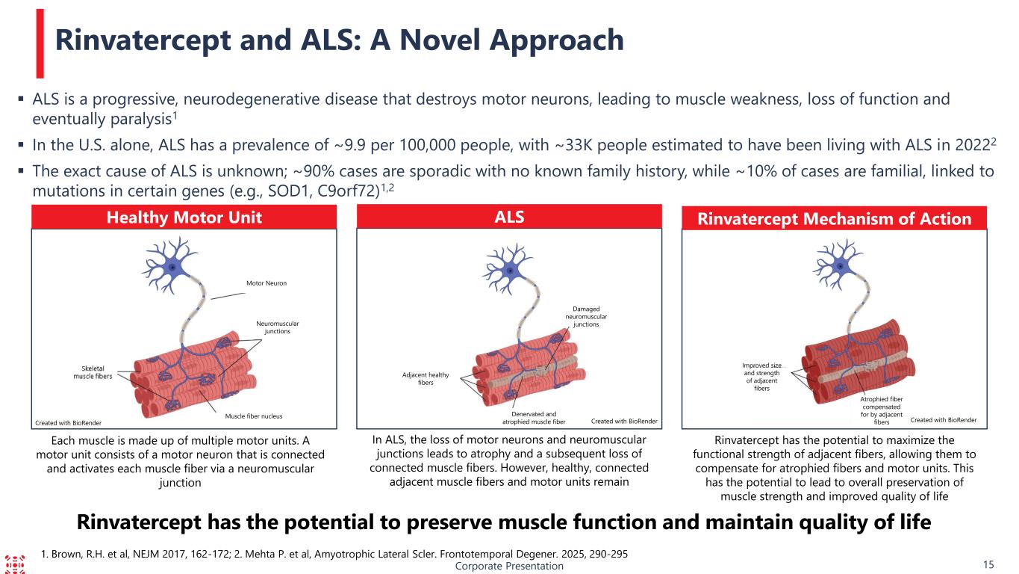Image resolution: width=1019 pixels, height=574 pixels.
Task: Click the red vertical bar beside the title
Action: pos(40,43)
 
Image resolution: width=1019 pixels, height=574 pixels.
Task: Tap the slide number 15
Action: pos(988,565)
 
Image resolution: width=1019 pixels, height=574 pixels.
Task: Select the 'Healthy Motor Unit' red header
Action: pos(184,217)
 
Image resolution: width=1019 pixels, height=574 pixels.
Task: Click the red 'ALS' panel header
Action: pos(509,217)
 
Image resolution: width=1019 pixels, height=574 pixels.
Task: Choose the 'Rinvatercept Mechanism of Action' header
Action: pos(835,219)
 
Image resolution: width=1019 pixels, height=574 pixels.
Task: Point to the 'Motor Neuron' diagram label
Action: pos(267,283)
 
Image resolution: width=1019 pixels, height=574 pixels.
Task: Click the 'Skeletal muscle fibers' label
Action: pos(93,372)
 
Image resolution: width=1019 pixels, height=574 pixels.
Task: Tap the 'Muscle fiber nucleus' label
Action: pos(253,416)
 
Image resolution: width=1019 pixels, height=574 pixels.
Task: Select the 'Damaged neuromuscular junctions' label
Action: pos(586,317)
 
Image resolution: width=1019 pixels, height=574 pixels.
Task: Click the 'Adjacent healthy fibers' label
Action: pos(426,379)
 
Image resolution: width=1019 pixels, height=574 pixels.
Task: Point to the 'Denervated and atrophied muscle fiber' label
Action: pos(534,418)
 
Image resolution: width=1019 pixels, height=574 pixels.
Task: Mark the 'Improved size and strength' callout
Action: pos(761,377)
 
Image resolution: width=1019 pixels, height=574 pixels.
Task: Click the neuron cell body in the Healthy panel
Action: pos(172,268)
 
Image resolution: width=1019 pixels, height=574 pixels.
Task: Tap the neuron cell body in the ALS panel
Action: pos(511,271)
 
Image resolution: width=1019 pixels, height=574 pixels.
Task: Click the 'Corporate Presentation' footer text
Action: pos(509,566)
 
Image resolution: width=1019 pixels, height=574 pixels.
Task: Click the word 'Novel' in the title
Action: pos(440,40)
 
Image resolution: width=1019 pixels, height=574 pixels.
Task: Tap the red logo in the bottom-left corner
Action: pos(15,564)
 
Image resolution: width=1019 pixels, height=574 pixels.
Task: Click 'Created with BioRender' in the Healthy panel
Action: pos(68,423)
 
